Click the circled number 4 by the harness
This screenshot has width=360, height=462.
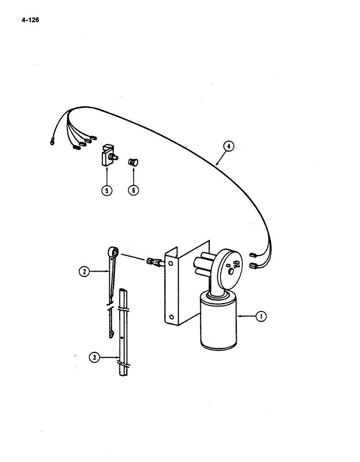click(228, 147)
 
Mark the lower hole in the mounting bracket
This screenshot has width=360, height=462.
click(171, 317)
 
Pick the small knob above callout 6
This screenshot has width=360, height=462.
click(133, 163)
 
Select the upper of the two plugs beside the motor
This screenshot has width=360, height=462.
click(253, 255)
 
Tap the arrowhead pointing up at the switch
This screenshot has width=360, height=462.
click(107, 170)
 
